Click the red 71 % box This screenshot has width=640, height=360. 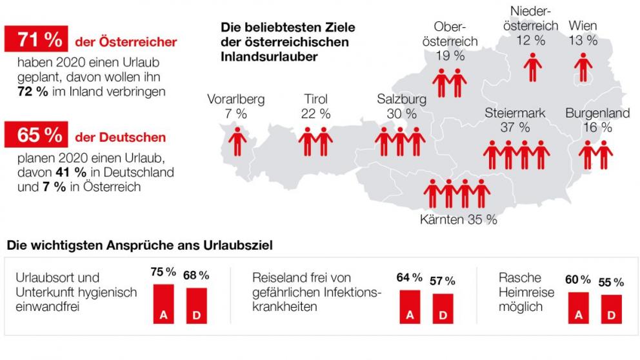click(x=35, y=39)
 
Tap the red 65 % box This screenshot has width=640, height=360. click(x=35, y=135)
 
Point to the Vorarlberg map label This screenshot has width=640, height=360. click(x=235, y=99)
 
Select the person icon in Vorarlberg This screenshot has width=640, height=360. click(x=239, y=141)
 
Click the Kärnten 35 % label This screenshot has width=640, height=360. click(x=458, y=219)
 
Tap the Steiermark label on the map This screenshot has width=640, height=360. click(x=515, y=113)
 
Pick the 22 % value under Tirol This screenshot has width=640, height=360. click(x=315, y=114)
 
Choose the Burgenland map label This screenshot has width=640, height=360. click(x=597, y=113)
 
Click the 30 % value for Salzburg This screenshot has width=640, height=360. click(x=401, y=114)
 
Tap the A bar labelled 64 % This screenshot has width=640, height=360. click(x=409, y=306)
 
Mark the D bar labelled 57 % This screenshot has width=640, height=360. click(x=443, y=308)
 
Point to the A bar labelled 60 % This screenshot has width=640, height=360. click(x=578, y=307)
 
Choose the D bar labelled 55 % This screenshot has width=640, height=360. click(x=611, y=308)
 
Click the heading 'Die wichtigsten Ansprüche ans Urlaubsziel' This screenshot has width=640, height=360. click(x=139, y=246)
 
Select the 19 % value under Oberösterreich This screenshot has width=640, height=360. click(x=450, y=55)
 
